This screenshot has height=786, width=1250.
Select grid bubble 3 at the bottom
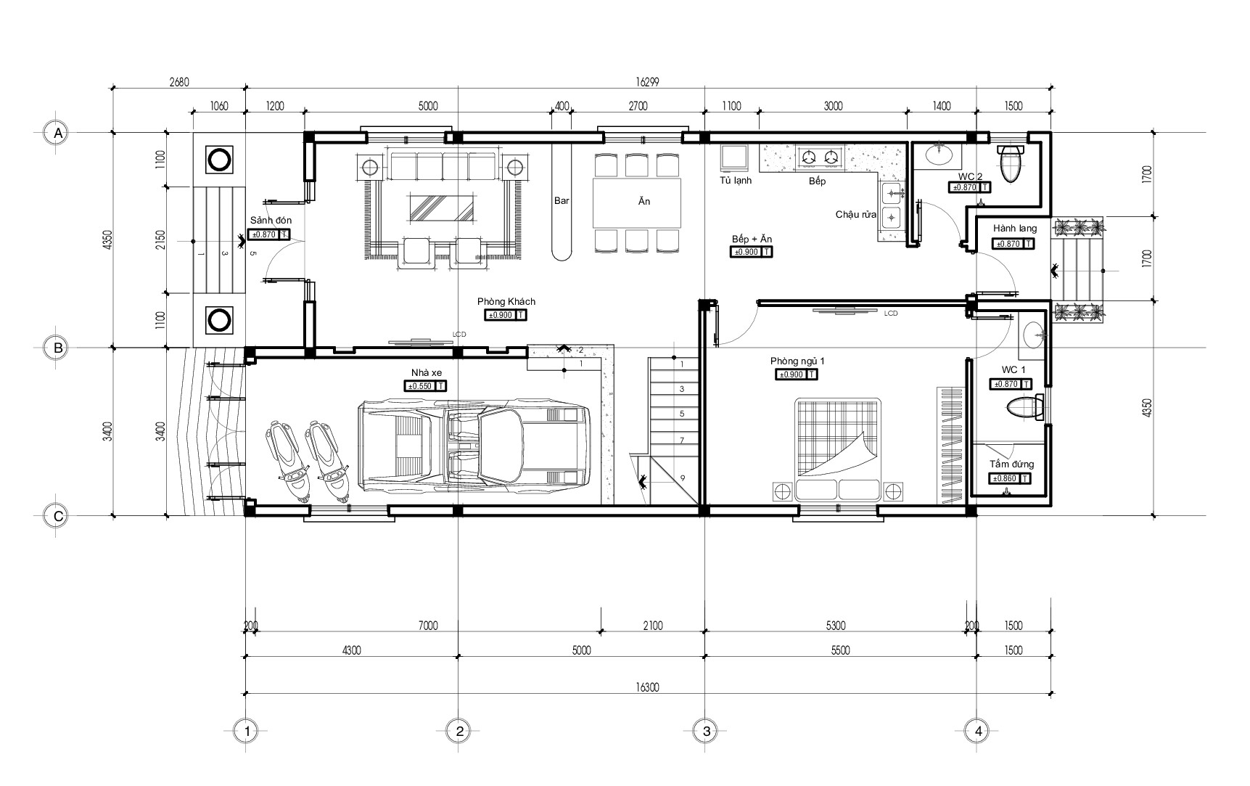pos(706,732)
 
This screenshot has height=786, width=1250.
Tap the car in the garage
pos(474,444)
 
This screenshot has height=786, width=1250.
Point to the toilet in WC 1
pos(1024,408)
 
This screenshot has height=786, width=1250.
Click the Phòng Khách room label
pos(506,301)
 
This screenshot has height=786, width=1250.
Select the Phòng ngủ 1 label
pos(797,361)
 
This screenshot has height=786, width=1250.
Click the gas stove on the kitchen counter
pos(821,156)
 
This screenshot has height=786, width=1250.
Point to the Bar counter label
pos(562,201)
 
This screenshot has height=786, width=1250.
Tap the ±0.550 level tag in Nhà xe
pos(426,387)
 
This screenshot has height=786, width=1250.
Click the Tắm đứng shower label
pos(1012,464)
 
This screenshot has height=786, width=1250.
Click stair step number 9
pos(682,478)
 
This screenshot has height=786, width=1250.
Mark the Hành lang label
pos(1015,229)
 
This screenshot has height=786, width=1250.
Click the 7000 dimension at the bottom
pos(428,626)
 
